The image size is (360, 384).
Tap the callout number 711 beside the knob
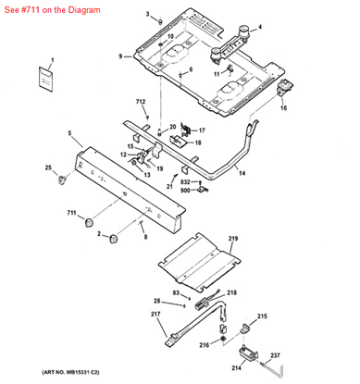pyautogui.click(x=71, y=213)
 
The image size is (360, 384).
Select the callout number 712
pyautogui.click(x=141, y=100)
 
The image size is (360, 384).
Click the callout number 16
pyautogui.click(x=283, y=108)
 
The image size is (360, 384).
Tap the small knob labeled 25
pyautogui.click(x=63, y=176)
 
